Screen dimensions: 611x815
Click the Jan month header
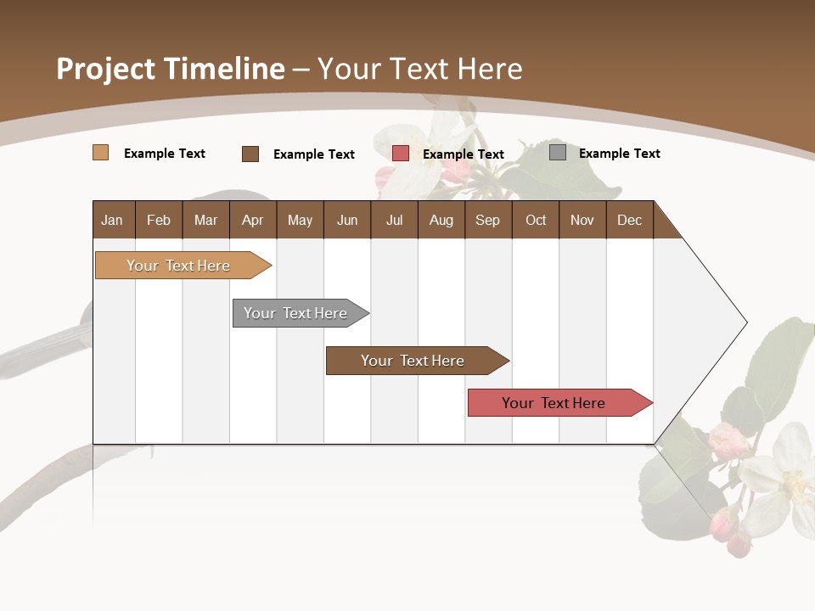click(x=113, y=220)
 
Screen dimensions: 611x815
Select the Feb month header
click(x=159, y=220)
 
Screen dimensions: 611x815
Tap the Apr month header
click(x=253, y=220)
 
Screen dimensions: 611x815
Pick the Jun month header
click(x=347, y=220)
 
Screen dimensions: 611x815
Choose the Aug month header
click(x=441, y=220)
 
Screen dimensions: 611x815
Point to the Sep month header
click(x=488, y=220)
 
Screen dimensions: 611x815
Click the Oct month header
click(x=536, y=220)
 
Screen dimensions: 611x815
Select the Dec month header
click(x=630, y=220)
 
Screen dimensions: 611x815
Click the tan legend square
click(x=101, y=153)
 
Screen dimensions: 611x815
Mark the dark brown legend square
click(x=250, y=154)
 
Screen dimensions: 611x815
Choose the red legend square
click(x=401, y=154)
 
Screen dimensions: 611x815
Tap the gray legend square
click(x=558, y=153)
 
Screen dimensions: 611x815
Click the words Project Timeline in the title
click(x=171, y=69)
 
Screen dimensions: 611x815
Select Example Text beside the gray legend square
click(x=620, y=154)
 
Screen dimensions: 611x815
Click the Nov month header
click(x=582, y=220)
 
